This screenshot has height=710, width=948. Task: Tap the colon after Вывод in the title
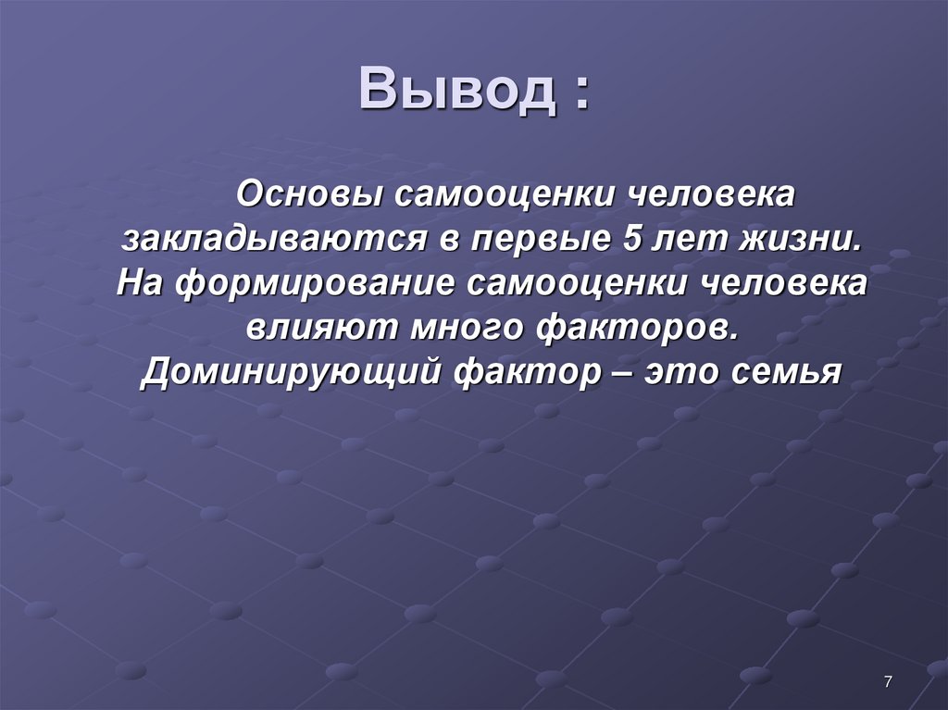coord(580,93)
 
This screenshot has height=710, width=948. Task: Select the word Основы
coord(310,196)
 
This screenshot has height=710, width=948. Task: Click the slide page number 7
coord(888,682)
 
